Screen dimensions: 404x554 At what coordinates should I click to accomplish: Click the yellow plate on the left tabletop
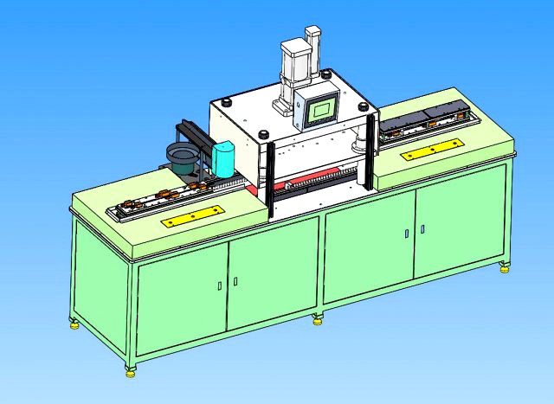coord(192,216)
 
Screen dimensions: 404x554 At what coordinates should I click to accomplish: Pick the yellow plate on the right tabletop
coord(430,151)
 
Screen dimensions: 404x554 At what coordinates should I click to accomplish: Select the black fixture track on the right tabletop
coord(425,120)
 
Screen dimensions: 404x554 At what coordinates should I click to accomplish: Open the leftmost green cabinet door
coord(182,298)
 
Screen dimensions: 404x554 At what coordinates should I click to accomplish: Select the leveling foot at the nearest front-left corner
coord(131,371)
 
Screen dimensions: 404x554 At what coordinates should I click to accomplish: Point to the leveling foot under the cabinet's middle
coord(318,319)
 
